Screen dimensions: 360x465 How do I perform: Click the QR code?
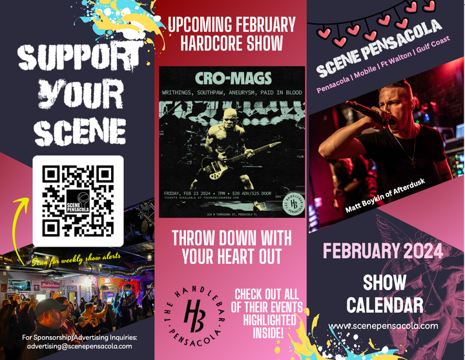[77, 201]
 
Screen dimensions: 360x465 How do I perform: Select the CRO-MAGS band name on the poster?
[232, 80]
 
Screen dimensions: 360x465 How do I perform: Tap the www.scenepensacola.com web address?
[384, 326]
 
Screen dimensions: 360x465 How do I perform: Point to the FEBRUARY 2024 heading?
[384, 250]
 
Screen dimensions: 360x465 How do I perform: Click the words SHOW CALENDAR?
[384, 294]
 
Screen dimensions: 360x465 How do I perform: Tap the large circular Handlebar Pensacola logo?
[194, 316]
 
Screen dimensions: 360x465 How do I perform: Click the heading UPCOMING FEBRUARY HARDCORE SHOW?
[232, 34]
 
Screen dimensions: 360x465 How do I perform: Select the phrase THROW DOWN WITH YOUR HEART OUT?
[232, 246]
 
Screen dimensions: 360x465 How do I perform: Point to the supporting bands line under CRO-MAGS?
[232, 93]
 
